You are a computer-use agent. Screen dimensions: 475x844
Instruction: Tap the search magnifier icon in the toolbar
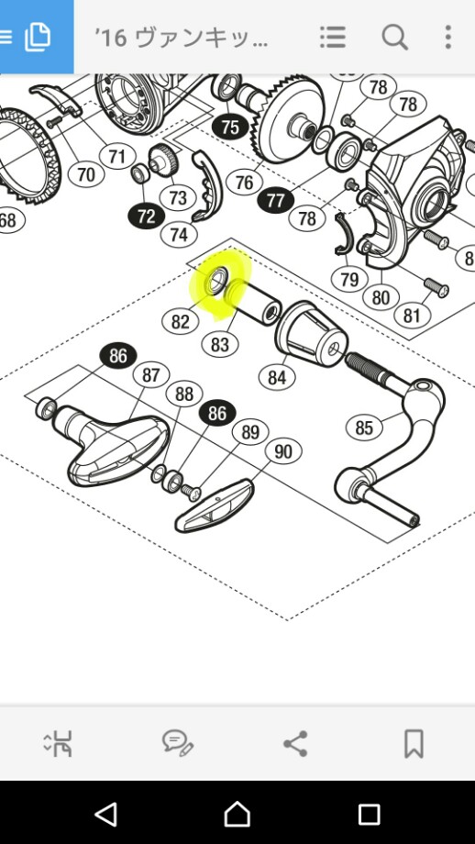[x=395, y=37]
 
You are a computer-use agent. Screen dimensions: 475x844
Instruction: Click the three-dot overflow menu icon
[x=447, y=37]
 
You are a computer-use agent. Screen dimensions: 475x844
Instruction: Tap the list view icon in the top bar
[x=333, y=37]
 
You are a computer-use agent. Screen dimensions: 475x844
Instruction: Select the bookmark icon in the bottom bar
[x=414, y=743]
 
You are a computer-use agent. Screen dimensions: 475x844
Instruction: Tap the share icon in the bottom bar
[x=295, y=743]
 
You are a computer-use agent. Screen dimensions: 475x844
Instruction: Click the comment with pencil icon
[x=178, y=743]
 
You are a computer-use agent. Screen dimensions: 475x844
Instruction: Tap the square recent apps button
[x=369, y=815]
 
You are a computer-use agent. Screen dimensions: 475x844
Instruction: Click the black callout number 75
[x=229, y=127]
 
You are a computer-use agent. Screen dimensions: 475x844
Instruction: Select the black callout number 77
[x=275, y=201]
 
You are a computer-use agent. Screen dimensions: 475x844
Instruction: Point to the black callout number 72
[x=146, y=217]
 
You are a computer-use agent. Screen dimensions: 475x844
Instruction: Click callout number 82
[x=181, y=322]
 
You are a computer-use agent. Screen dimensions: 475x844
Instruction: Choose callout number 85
[x=364, y=428]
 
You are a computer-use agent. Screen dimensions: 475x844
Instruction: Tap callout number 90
[x=283, y=451]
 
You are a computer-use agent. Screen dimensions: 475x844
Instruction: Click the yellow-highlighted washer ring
[x=216, y=281]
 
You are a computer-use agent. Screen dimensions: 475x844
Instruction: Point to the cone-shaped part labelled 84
[x=311, y=334]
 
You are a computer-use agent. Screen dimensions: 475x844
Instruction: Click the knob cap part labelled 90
[x=214, y=506]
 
